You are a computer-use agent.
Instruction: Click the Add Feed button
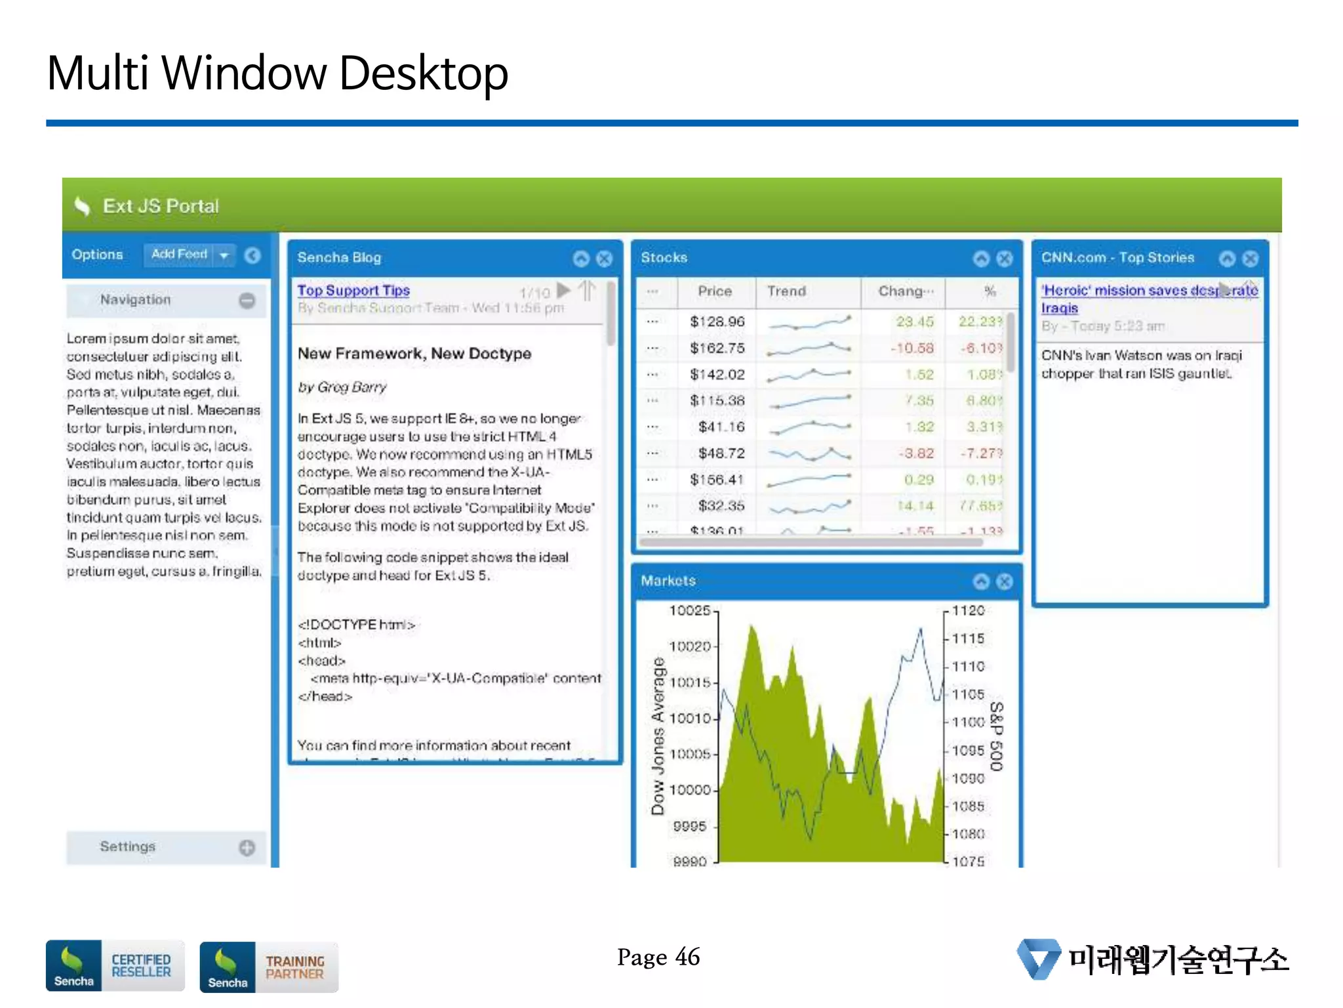coord(179,254)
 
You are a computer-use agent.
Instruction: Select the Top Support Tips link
coord(353,290)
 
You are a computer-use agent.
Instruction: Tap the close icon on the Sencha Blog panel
coord(605,259)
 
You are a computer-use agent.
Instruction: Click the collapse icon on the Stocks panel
coord(981,259)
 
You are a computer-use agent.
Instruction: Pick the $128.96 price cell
coord(717,322)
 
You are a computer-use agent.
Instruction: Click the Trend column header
coord(786,291)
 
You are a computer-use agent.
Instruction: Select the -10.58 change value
coord(912,348)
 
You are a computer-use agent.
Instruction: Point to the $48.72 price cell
coord(721,453)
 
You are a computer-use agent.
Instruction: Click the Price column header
coord(715,291)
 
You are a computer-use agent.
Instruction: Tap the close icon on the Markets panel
coord(1004,581)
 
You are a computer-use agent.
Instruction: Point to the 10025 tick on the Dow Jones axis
coord(689,610)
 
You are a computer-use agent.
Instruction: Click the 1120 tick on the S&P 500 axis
coord(969,610)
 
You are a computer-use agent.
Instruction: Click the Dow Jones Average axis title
coord(658,736)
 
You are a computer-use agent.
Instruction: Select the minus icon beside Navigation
coord(247,301)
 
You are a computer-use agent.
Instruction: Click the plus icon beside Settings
coord(247,848)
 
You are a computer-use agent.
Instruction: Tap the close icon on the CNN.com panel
coord(1251,259)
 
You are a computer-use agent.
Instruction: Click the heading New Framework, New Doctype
coord(414,353)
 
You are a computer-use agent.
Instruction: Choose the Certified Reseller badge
coord(115,965)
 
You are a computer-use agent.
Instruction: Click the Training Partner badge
coord(269,967)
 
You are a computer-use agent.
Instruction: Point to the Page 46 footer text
coord(658,957)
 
